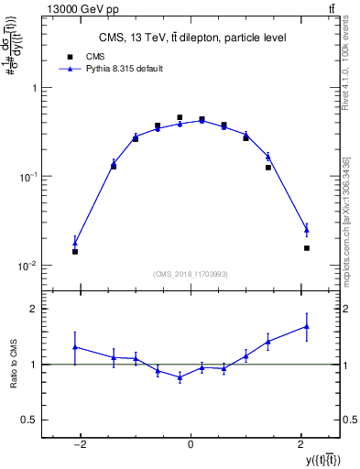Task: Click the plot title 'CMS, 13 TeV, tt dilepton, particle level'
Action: tap(192, 38)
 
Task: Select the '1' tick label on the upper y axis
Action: tap(36, 89)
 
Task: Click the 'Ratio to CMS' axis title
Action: tap(13, 365)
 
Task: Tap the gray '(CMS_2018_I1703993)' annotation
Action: tap(191, 273)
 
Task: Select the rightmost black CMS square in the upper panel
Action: tap(307, 247)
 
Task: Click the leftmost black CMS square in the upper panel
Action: tap(75, 251)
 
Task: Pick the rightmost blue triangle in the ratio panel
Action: tap(307, 326)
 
